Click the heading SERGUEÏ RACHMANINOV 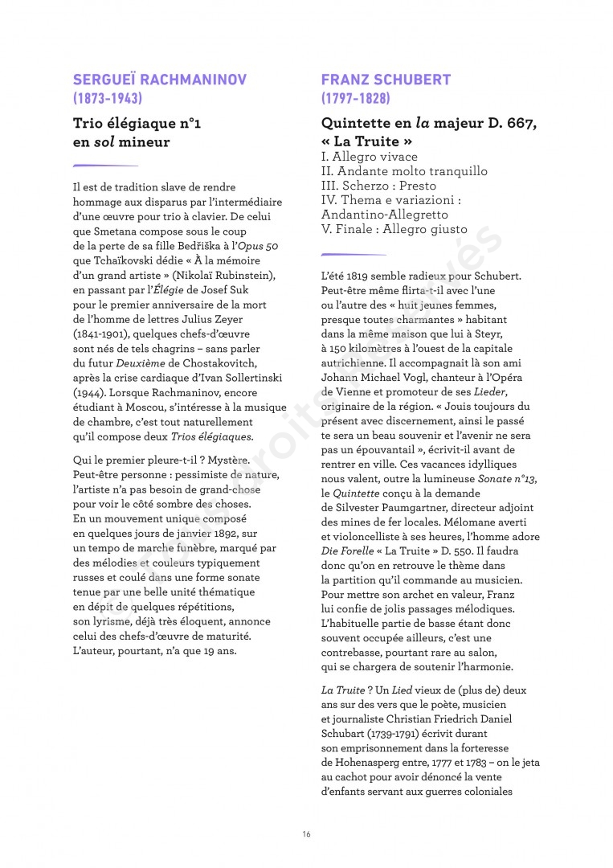tap(159, 80)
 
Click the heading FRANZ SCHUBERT tap(386, 80)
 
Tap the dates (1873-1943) tap(108, 99)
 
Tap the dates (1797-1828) tap(355, 99)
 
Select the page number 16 tap(306, 833)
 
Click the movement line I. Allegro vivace tap(369, 157)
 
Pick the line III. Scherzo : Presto tap(378, 186)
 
